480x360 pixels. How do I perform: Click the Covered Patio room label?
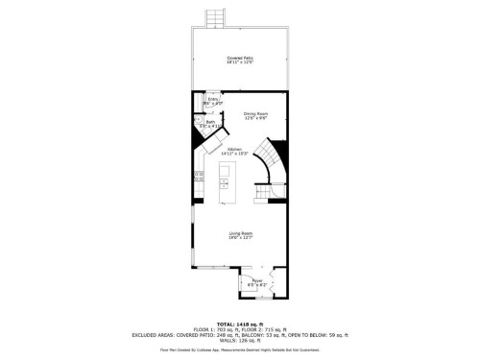click(x=240, y=59)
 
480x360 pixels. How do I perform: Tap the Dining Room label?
click(x=254, y=112)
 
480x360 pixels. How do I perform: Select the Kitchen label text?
click(x=234, y=148)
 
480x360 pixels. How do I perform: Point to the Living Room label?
click(x=240, y=233)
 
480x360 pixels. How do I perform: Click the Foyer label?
click(x=257, y=280)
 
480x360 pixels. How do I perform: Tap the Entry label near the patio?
click(x=213, y=98)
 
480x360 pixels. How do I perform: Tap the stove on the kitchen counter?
click(x=199, y=175)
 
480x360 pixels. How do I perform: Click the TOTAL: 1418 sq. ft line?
click(x=240, y=324)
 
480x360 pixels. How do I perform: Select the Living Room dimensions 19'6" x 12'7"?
click(x=240, y=239)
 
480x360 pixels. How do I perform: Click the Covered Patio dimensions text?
click(x=240, y=63)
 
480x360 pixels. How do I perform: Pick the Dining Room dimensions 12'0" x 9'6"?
click(x=254, y=117)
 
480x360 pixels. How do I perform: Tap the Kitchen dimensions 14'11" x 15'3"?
click(x=234, y=153)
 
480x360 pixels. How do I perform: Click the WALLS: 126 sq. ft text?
click(x=240, y=339)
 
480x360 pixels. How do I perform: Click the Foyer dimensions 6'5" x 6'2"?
click(x=257, y=285)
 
